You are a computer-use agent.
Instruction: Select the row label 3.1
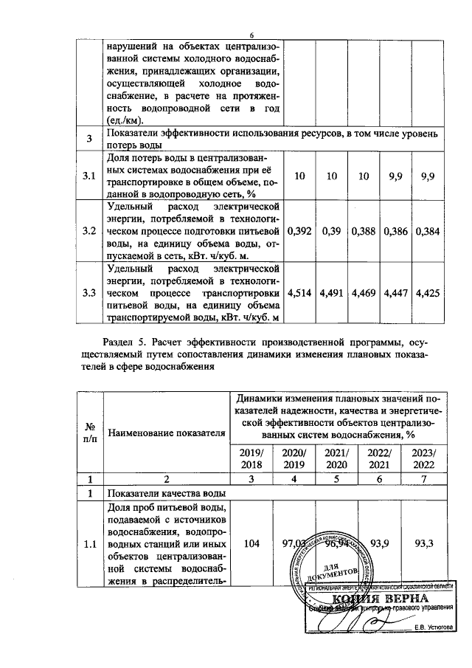pos(89,176)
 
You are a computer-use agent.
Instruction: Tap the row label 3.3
pos(89,293)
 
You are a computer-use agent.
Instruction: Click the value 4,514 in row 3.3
pos(299,293)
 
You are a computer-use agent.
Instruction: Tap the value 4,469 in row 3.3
pos(364,293)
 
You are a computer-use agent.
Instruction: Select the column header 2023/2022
pos(423,459)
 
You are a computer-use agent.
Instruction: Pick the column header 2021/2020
pos(337,459)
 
